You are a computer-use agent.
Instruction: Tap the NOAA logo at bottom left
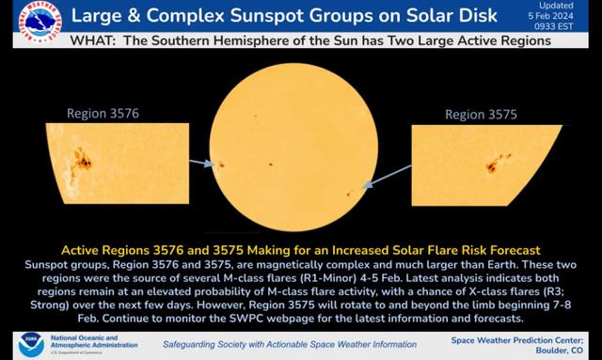(31, 343)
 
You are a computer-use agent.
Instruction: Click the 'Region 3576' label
(103, 114)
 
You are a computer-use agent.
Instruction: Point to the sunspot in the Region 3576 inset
(82, 162)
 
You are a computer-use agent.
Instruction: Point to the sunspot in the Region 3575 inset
(492, 166)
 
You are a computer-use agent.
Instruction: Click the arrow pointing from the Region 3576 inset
(200, 163)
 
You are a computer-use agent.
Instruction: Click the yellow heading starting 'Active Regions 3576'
(300, 250)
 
